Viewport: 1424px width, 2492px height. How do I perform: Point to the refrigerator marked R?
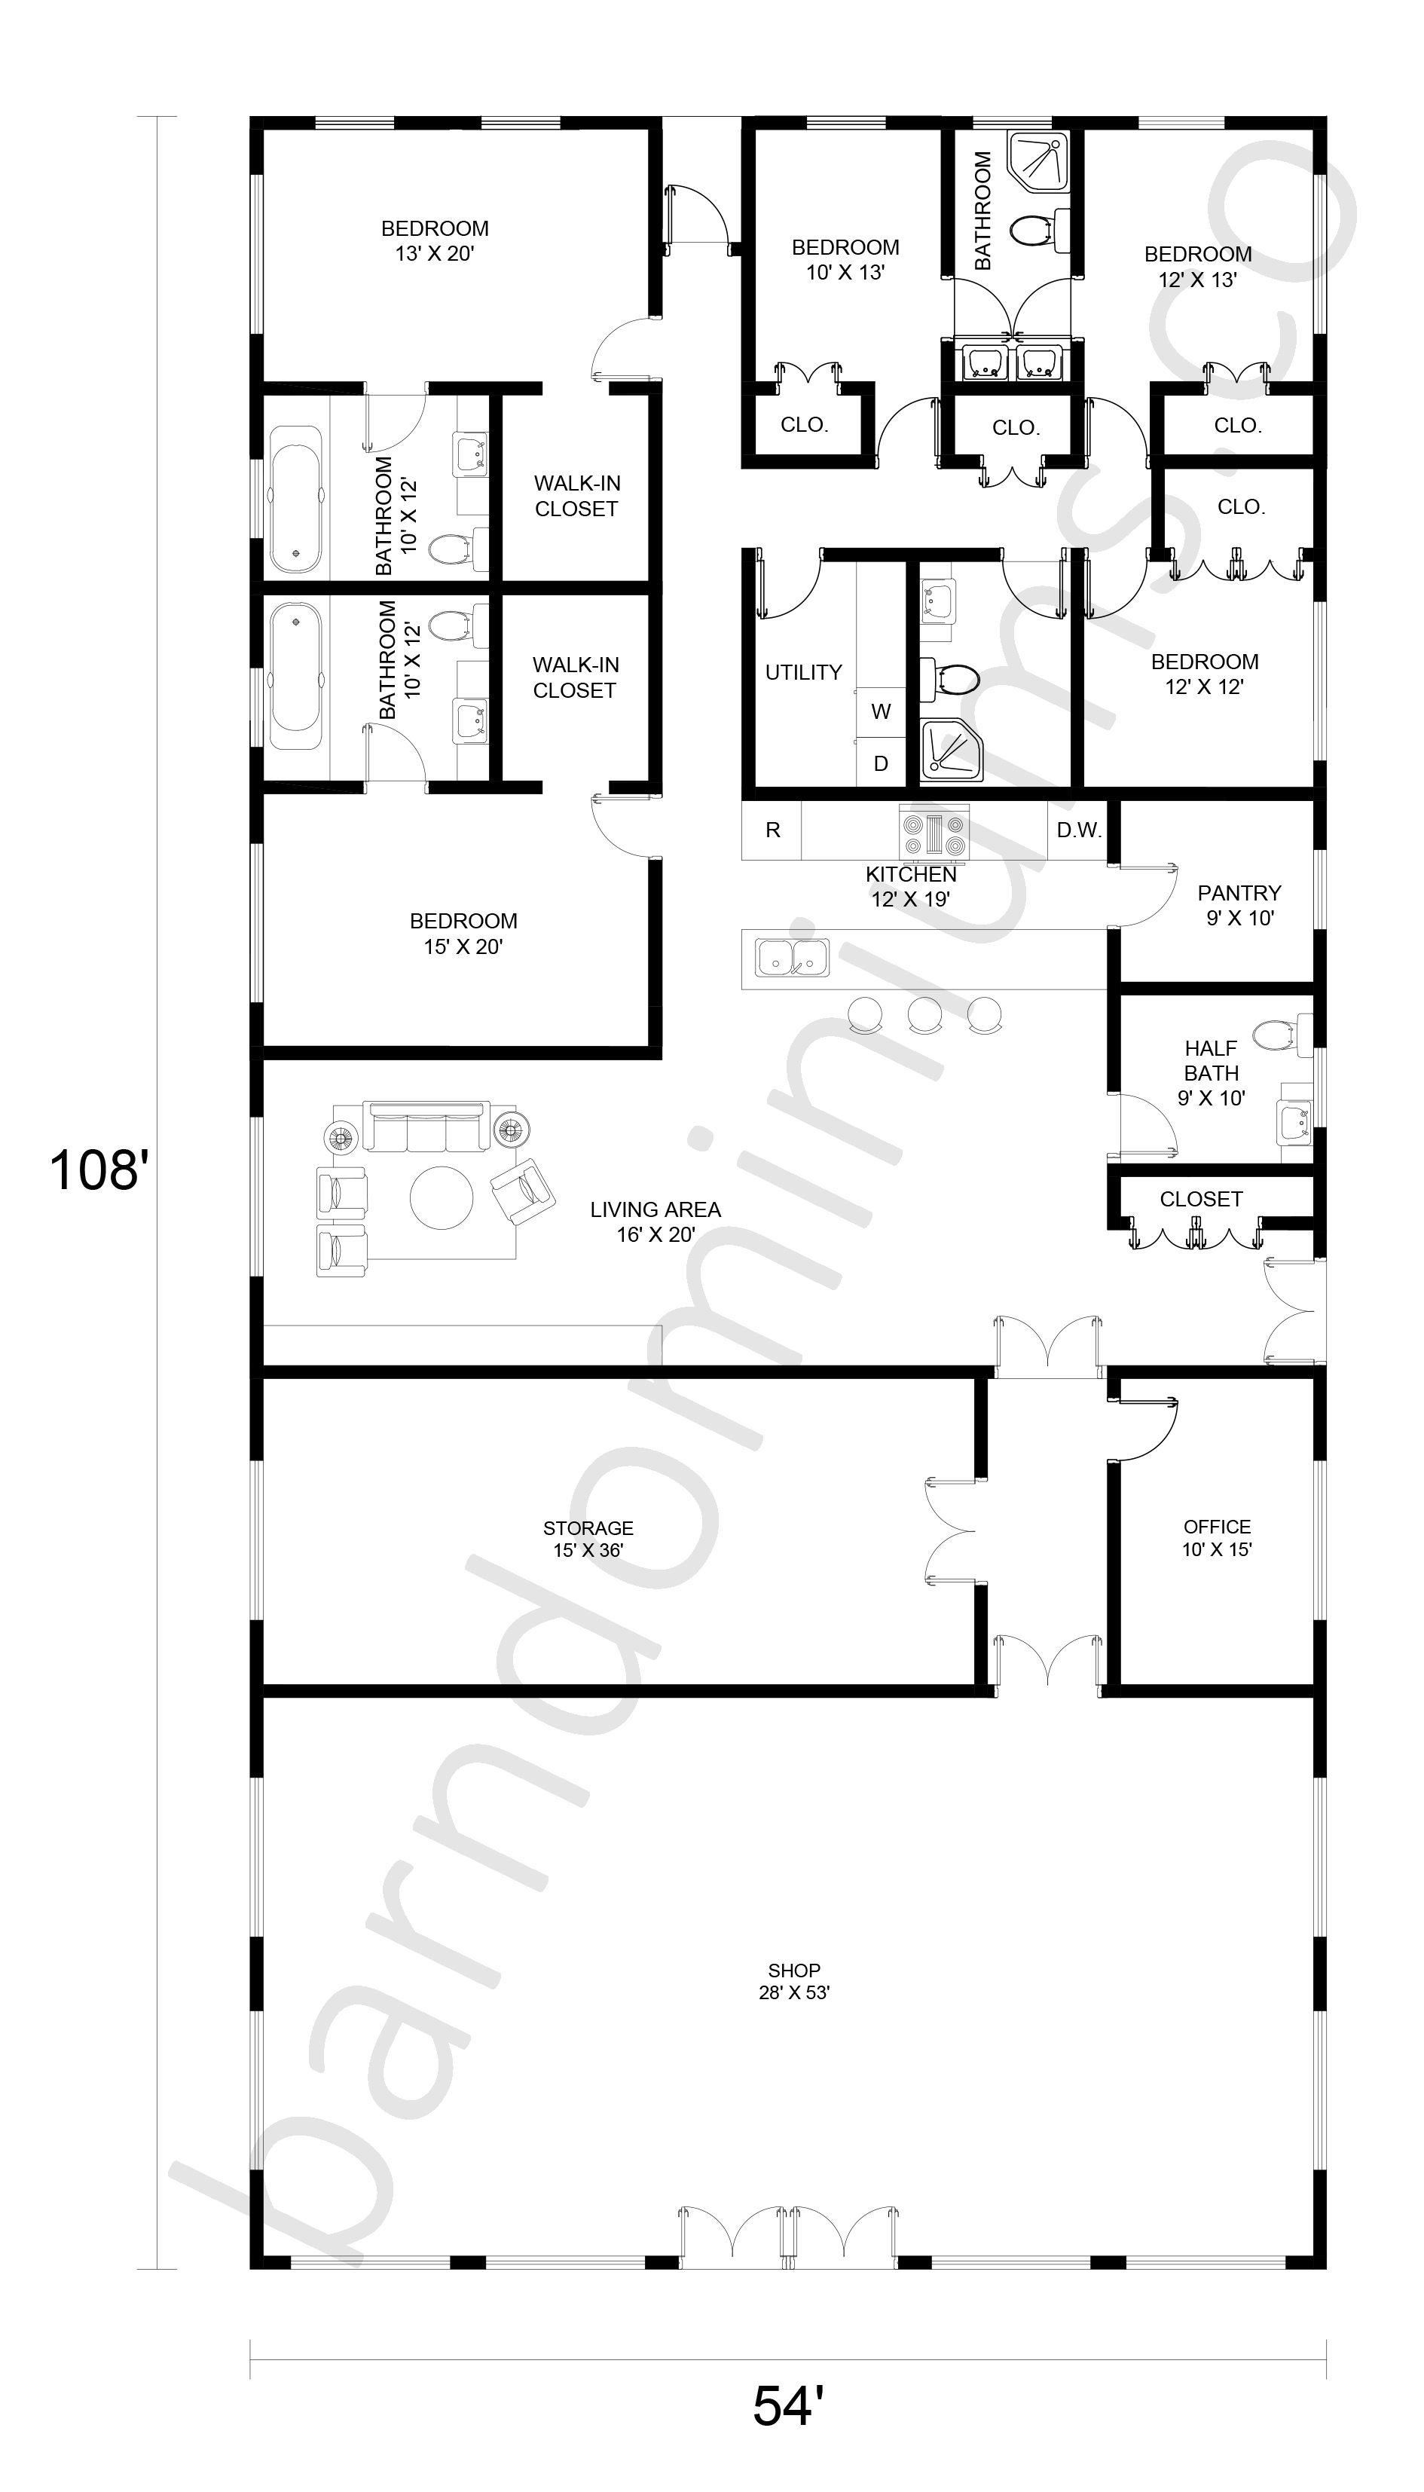[772, 830]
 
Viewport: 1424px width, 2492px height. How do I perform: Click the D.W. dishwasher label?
[1079, 830]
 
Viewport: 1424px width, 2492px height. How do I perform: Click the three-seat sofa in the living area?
[426, 1127]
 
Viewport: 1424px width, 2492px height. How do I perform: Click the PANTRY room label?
[1239, 893]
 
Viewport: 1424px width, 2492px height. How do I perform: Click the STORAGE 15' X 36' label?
[588, 1539]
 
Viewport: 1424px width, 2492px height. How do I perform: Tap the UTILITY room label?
[803, 672]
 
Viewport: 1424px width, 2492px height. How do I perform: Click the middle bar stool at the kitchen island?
[924, 1015]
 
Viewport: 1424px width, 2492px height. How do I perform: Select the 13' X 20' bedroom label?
[435, 254]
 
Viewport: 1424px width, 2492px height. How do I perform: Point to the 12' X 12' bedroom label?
[1204, 686]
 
